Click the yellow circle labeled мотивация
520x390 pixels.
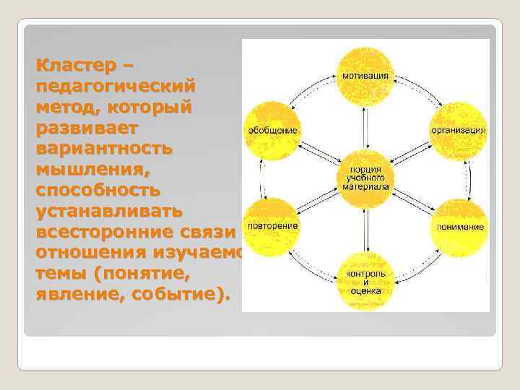[x=365, y=76]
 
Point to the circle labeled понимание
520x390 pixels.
[x=459, y=225]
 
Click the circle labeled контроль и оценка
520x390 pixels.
[x=365, y=279]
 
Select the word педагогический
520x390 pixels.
[x=114, y=86]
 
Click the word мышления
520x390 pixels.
[x=87, y=170]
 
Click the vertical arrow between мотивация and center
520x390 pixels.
[x=365, y=127]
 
